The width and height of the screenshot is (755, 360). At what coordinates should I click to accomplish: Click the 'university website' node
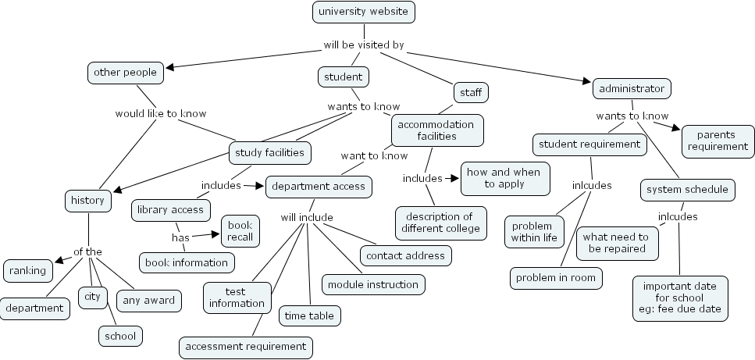tap(363, 12)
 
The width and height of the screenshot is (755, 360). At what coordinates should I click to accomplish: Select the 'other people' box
tap(125, 73)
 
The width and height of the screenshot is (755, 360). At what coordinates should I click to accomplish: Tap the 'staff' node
tap(469, 92)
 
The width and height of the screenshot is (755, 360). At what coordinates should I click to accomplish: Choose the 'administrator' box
tap(632, 88)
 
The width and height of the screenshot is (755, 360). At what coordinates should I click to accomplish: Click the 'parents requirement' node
tap(718, 141)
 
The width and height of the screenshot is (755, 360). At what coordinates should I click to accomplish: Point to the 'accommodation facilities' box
tap(436, 130)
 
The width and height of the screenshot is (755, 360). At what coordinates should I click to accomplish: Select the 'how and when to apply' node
tap(504, 178)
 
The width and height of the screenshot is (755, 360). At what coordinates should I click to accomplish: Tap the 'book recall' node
tap(240, 230)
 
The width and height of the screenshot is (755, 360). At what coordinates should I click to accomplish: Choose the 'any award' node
tap(148, 299)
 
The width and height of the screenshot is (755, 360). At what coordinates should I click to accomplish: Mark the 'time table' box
tap(309, 315)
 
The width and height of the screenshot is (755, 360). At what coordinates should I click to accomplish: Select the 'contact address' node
tap(404, 255)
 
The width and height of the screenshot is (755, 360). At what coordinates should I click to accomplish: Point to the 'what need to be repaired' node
tap(615, 243)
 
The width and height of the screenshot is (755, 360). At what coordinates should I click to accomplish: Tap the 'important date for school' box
tap(679, 298)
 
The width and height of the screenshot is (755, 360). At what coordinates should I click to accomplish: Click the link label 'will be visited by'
tap(364, 45)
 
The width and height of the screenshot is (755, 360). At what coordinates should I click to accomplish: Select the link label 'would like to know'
tap(161, 113)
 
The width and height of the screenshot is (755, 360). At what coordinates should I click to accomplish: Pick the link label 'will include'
tap(307, 217)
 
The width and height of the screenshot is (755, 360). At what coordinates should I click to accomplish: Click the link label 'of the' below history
tap(87, 251)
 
